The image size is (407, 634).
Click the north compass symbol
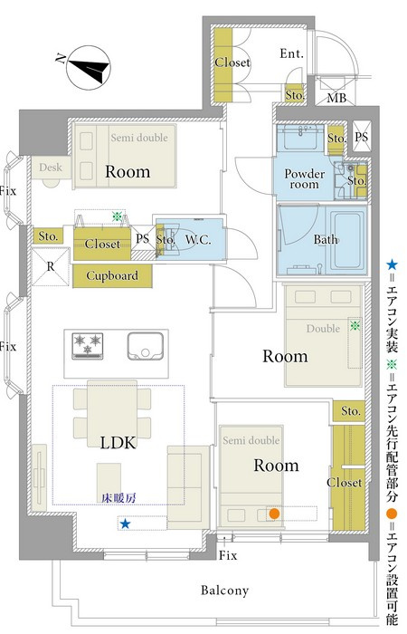[x=88, y=68]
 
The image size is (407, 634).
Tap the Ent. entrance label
[x=291, y=53]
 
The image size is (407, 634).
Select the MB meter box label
[x=336, y=98]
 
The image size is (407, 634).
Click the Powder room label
[x=305, y=179]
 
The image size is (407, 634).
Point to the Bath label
[x=326, y=239]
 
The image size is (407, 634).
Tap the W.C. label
[x=198, y=239]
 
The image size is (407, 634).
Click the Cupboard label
[x=112, y=275]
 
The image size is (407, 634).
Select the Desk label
[x=51, y=167]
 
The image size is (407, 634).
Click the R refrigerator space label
[x=51, y=266]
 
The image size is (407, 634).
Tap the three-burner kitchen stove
[x=87, y=346]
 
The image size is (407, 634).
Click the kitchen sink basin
[x=146, y=346]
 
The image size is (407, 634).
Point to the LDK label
[x=118, y=443]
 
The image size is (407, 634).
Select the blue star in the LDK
[x=125, y=524]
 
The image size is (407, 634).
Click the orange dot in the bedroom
[x=274, y=514]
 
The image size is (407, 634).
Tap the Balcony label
[x=224, y=591]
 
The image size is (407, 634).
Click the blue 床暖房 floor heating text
[x=118, y=498]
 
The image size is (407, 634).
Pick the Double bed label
[x=323, y=328]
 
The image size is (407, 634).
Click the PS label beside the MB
[x=362, y=137]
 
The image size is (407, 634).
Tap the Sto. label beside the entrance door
[x=295, y=95]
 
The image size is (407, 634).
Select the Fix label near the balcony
[x=228, y=555]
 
